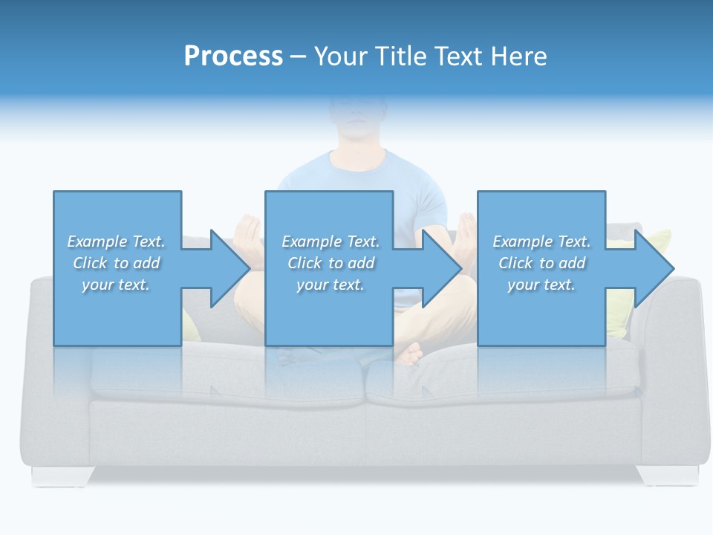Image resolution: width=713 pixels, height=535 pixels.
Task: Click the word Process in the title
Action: pyautogui.click(x=233, y=56)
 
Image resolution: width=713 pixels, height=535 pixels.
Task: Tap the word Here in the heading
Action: pyautogui.click(x=519, y=56)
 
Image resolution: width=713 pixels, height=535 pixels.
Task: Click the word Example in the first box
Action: pyautogui.click(x=97, y=241)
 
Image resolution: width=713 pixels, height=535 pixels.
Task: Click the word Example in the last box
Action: pyautogui.click(x=522, y=241)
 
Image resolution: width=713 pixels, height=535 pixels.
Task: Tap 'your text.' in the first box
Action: pyautogui.click(x=116, y=285)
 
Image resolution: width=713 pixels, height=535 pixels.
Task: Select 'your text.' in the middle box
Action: pyautogui.click(x=330, y=285)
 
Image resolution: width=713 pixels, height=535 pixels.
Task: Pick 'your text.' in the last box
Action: pyautogui.click(x=541, y=285)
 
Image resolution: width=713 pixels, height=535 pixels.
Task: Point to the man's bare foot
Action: pyautogui.click(x=410, y=352)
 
